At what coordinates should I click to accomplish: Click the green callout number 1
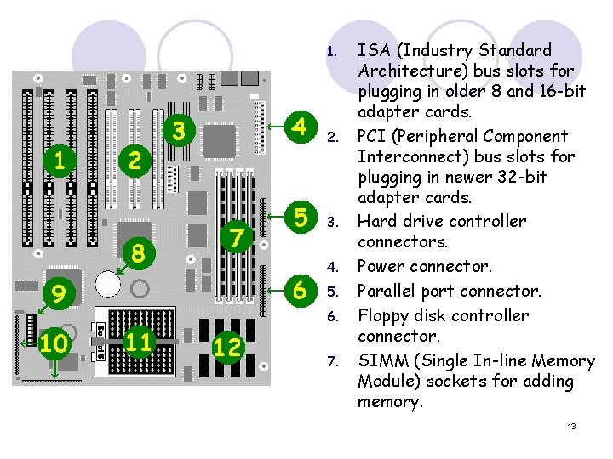[58, 159]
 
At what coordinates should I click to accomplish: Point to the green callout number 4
[299, 126]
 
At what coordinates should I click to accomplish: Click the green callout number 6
[299, 290]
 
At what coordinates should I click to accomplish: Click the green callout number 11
[139, 343]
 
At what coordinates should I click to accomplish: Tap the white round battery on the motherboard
[107, 282]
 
